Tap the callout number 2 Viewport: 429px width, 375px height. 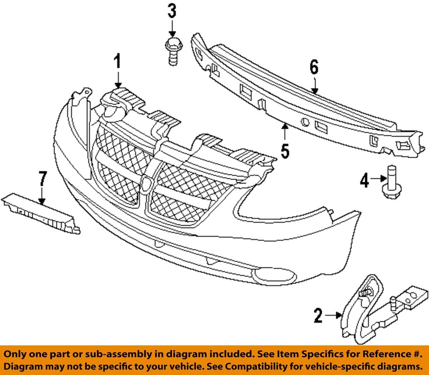318,316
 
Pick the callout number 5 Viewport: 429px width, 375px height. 285,151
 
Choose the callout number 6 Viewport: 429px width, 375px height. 314,67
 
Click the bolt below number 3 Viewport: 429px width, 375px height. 172,51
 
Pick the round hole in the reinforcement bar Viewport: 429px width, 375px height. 305,122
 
